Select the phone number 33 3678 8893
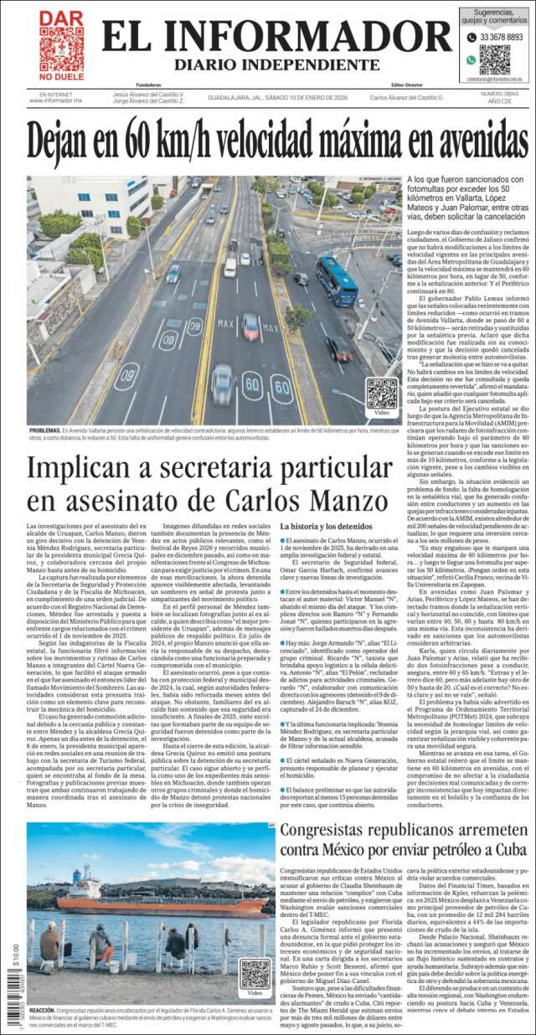tap(502, 38)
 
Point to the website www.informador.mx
tap(56, 100)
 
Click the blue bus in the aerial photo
tap(336, 281)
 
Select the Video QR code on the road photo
tap(382, 394)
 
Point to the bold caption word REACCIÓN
tap(43, 1011)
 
